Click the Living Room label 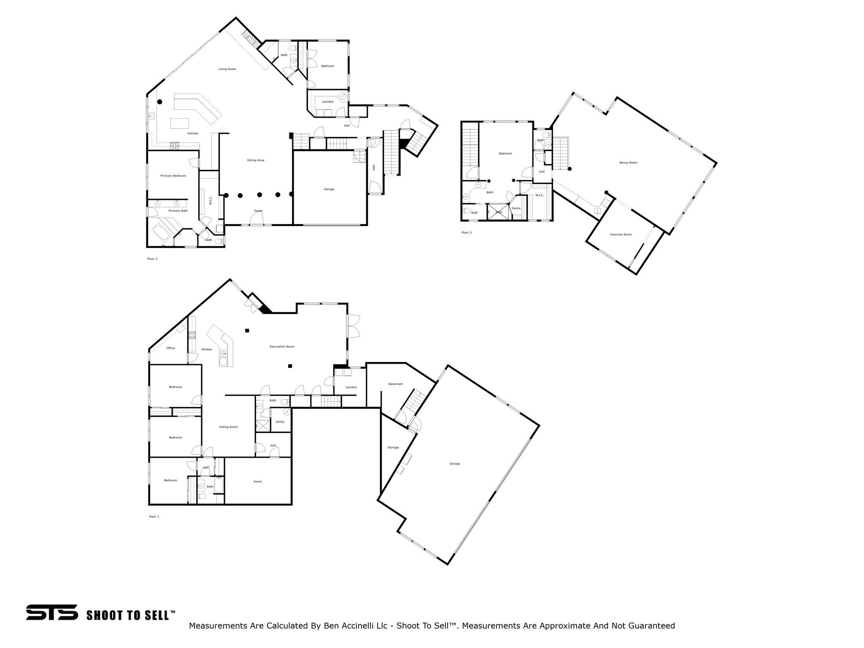click(x=227, y=69)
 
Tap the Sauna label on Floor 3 click(x=516, y=208)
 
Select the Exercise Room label click(x=621, y=234)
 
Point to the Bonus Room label click(x=628, y=162)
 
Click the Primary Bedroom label click(x=173, y=175)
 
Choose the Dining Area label click(x=255, y=160)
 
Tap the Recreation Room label click(x=282, y=346)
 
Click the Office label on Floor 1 click(x=170, y=348)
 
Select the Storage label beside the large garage click(x=393, y=447)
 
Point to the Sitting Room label click(x=228, y=427)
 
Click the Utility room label click(x=280, y=421)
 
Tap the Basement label click(x=395, y=384)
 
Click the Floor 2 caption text click(x=152, y=259)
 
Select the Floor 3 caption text click(x=466, y=232)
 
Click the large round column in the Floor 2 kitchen click(x=160, y=102)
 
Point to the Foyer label click(x=258, y=211)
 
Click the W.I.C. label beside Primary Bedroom click(x=210, y=200)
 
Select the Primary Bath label click(x=178, y=211)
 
